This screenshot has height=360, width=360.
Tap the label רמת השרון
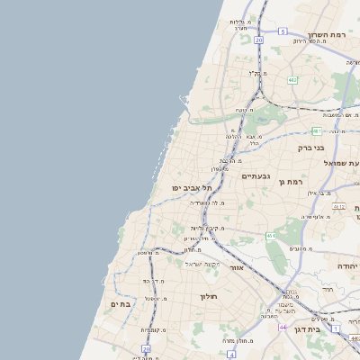pyautogui.click(x=327, y=33)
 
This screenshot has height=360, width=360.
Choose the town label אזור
pyautogui.click(x=238, y=267)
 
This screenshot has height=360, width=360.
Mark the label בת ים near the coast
pyautogui.click(x=121, y=304)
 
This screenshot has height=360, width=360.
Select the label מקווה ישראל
pyautogui.click(x=202, y=264)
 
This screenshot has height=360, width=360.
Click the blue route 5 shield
pyautogui.click(x=282, y=31)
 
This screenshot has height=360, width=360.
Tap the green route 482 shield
pyautogui.click(x=292, y=80)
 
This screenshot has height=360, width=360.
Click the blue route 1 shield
pyautogui.click(x=335, y=328)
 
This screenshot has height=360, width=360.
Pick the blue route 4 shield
pyautogui.click(x=231, y=355)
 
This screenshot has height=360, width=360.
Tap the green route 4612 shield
pyautogui.click(x=338, y=206)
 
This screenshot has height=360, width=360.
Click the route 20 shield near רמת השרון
pyautogui.click(x=258, y=40)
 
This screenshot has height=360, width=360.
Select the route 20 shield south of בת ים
pyautogui.click(x=146, y=348)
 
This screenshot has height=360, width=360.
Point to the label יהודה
pyautogui.click(x=347, y=267)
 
